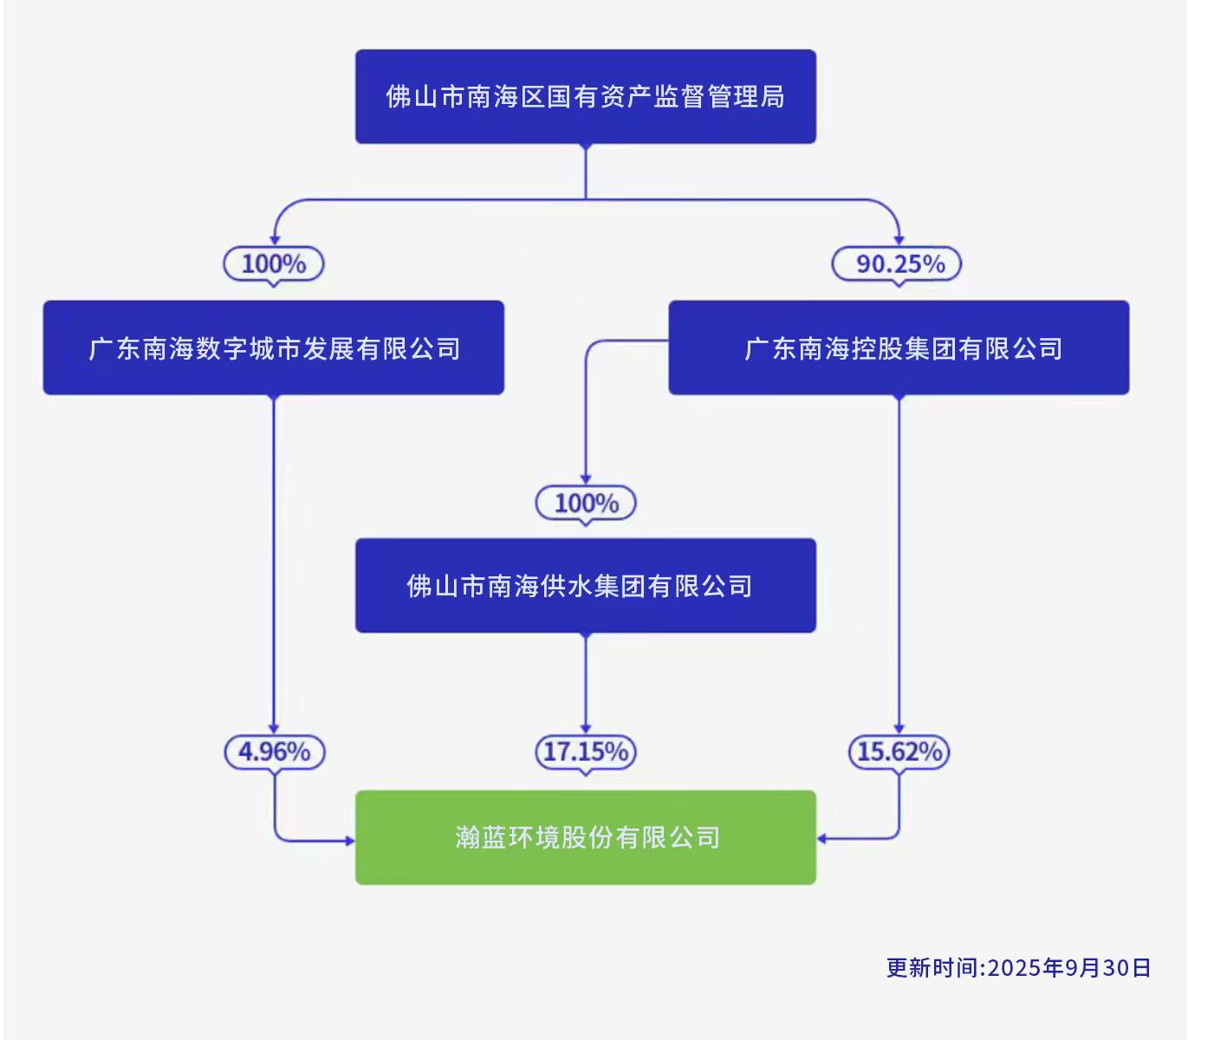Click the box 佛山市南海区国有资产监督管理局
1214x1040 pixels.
click(586, 96)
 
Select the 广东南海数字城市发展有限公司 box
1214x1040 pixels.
click(274, 348)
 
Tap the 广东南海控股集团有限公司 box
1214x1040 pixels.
click(899, 348)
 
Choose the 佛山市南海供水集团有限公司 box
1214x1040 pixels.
click(586, 586)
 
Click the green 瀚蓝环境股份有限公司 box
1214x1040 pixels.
click(586, 837)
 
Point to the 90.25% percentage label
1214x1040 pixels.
click(898, 263)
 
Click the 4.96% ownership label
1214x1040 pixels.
click(275, 751)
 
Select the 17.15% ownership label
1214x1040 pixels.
click(586, 751)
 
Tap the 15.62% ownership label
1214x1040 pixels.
click(899, 751)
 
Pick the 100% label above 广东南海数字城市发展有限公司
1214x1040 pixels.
click(274, 263)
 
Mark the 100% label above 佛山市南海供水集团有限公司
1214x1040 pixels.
click(586, 503)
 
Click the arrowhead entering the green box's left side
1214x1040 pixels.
click(350, 840)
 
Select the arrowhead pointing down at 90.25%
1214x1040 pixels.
click(899, 239)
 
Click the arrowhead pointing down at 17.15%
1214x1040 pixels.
click(586, 728)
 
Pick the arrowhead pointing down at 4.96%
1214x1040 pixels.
click(274, 728)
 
